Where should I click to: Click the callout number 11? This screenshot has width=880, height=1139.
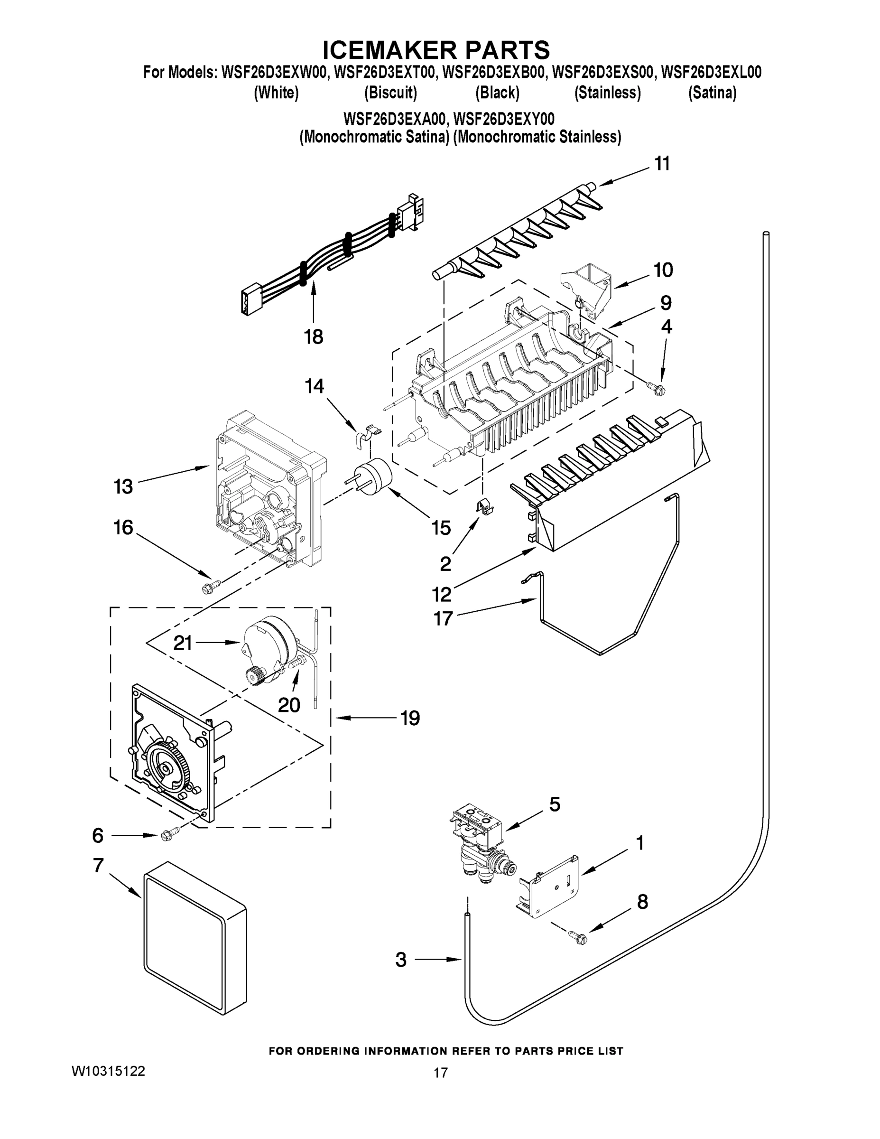coord(662,164)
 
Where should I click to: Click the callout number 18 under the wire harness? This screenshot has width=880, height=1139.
coord(313,337)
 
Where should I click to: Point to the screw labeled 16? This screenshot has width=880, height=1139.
coord(212,586)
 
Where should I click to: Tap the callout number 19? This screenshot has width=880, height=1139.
coord(410,718)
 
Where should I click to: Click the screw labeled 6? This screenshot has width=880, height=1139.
coord(169,835)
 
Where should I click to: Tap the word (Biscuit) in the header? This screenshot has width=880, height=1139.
coord(390,93)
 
